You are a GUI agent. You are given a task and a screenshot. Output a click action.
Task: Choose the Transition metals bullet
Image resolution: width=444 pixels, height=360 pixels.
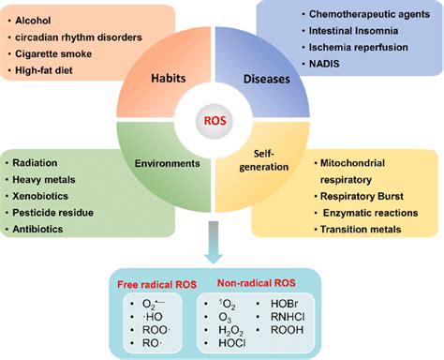[367, 234]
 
